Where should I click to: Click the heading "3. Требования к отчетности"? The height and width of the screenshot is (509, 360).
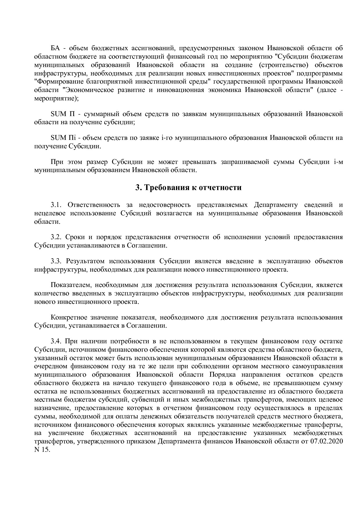[x=188, y=188]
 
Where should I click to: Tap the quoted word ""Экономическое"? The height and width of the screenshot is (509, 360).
[x=88, y=90]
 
